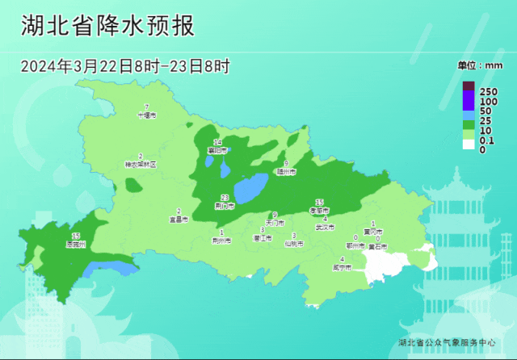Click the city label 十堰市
146,115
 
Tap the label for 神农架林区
140,164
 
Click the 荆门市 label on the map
225,206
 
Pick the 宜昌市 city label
179,219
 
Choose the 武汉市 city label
325,227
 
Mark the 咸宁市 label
343,266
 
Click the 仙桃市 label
294,243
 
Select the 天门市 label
275,222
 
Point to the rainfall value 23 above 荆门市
225,198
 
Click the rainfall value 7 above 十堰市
146,107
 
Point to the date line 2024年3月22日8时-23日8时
125,66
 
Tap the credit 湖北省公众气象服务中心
447,342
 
